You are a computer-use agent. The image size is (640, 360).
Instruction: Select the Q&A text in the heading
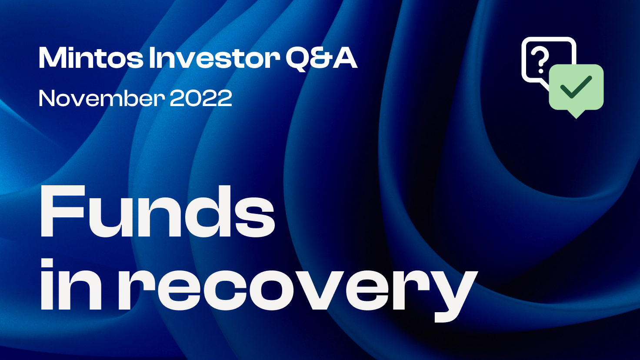click(321, 58)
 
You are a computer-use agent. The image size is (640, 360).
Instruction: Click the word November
click(102, 98)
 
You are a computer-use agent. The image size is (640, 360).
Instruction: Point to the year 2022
click(201, 98)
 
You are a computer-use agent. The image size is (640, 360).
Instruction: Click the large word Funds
click(157, 211)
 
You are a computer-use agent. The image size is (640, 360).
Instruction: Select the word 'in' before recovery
click(71, 284)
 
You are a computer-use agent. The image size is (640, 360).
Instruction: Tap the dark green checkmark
click(576, 87)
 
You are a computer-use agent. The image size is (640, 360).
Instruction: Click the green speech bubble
click(576, 89)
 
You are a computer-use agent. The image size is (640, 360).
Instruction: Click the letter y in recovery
click(453, 295)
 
